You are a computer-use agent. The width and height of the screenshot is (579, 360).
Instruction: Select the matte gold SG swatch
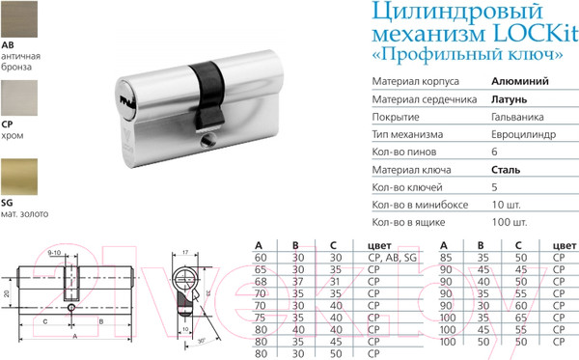coord(18,180)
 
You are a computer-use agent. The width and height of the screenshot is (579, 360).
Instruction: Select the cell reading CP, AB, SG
coord(388,258)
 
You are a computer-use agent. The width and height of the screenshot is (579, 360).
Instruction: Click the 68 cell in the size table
coord(260,279)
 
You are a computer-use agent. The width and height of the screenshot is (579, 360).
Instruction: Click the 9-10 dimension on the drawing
coord(55,253)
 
